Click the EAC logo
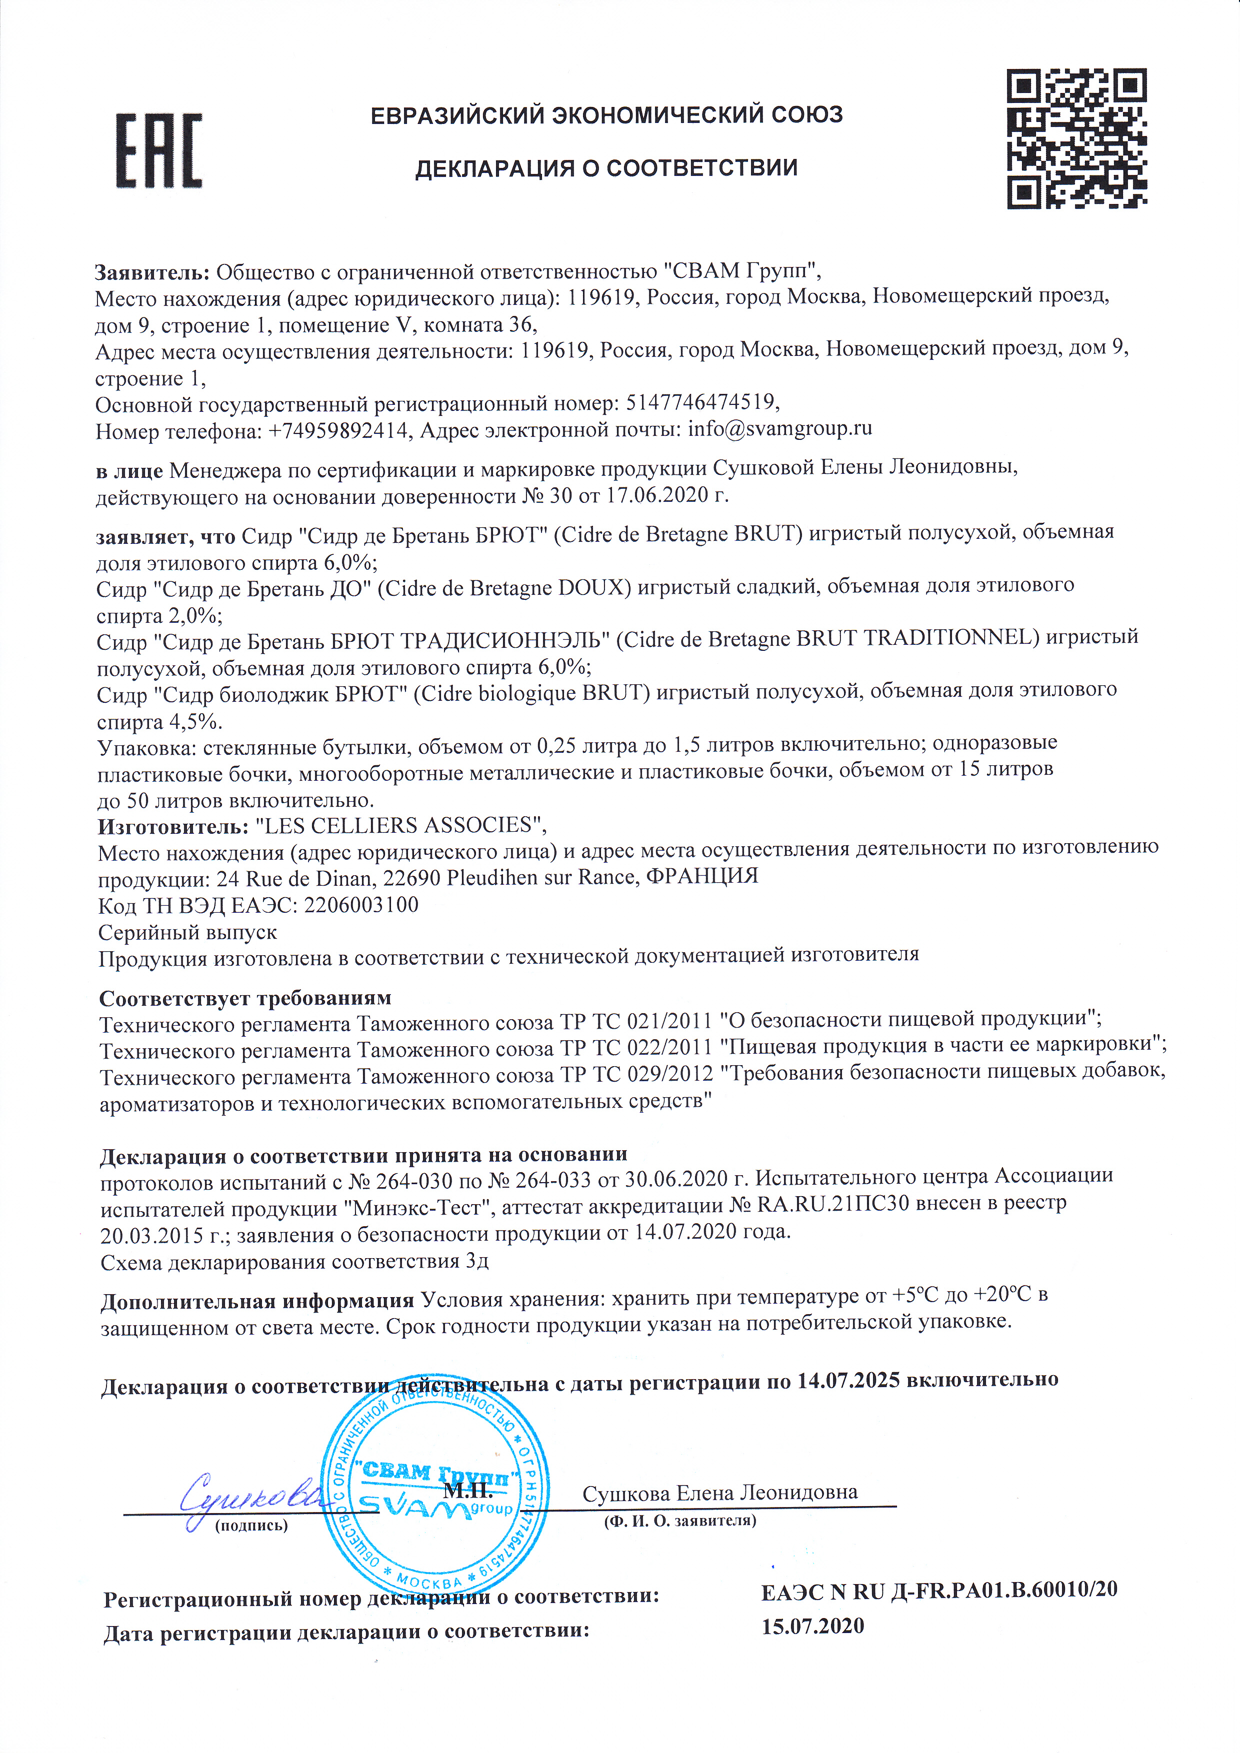point(159,150)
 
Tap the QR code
point(1076,138)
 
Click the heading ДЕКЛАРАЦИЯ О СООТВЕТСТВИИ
point(606,168)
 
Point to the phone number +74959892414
point(337,431)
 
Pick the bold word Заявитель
point(151,272)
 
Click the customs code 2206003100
point(361,906)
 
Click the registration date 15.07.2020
point(812,1626)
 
